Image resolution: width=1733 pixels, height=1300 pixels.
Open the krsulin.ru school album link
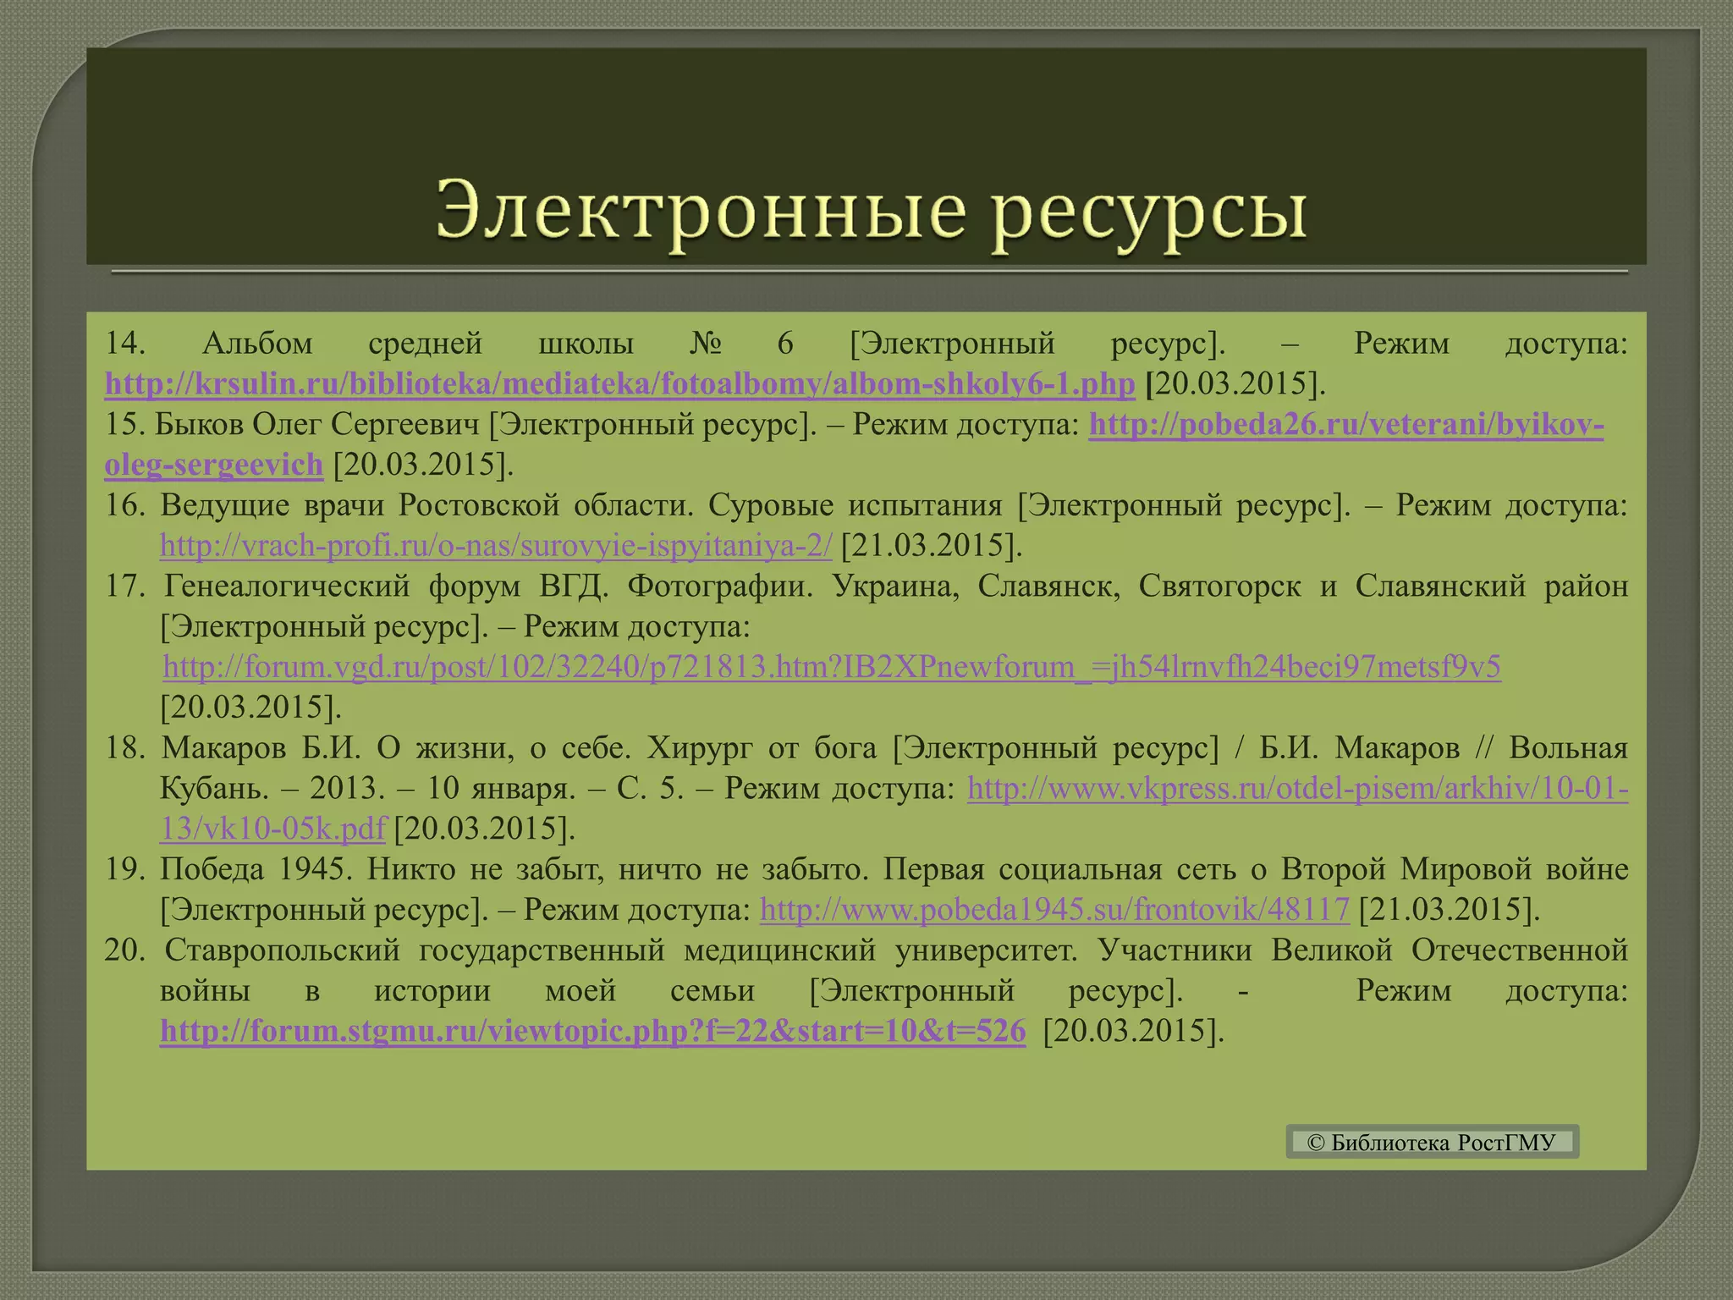[x=619, y=384]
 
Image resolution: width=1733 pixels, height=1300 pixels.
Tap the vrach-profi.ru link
[x=496, y=546]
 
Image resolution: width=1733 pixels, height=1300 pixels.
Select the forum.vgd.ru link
[x=831, y=668]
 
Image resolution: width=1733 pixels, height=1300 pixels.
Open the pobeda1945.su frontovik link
[x=1054, y=910]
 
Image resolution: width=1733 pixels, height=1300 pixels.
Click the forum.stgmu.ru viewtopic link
[x=592, y=1032]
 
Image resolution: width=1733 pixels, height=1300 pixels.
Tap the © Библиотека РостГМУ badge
[x=1432, y=1143]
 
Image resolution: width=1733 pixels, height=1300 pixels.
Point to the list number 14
[x=125, y=344]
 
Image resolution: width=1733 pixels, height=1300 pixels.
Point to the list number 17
[x=125, y=587]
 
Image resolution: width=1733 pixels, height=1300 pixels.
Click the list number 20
[x=125, y=950]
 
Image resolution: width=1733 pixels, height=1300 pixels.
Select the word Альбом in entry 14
[x=258, y=344]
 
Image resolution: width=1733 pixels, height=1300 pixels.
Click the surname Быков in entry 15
[x=200, y=424]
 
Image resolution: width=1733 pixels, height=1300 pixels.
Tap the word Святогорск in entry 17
[x=1219, y=587]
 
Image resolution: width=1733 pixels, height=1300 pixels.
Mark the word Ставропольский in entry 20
[x=283, y=950]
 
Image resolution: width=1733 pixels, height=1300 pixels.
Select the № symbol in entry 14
[x=705, y=344]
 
